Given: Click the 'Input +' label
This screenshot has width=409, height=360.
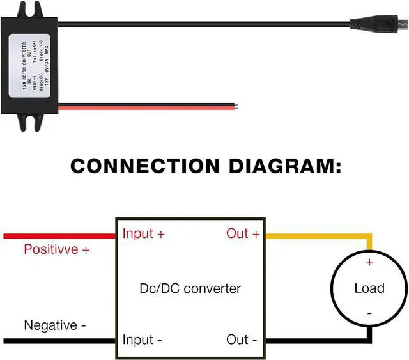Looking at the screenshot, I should pyautogui.click(x=144, y=234).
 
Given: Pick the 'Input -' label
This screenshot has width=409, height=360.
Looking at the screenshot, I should pyautogui.click(x=142, y=340).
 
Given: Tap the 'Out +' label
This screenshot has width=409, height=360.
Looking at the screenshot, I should pyautogui.click(x=243, y=234).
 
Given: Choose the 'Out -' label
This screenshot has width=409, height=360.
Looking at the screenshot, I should pyautogui.click(x=242, y=340).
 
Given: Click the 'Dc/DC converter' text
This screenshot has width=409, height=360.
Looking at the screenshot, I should pyautogui.click(x=190, y=288).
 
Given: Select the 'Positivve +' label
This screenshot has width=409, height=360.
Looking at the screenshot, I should pyautogui.click(x=56, y=249).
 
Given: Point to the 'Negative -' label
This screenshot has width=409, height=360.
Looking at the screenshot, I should pyautogui.click(x=55, y=325).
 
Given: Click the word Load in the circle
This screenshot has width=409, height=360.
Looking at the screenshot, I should pyautogui.click(x=369, y=288).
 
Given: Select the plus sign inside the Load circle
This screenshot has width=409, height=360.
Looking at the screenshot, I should pyautogui.click(x=369, y=262).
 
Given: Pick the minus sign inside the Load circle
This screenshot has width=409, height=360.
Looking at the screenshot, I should pyautogui.click(x=369, y=314).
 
